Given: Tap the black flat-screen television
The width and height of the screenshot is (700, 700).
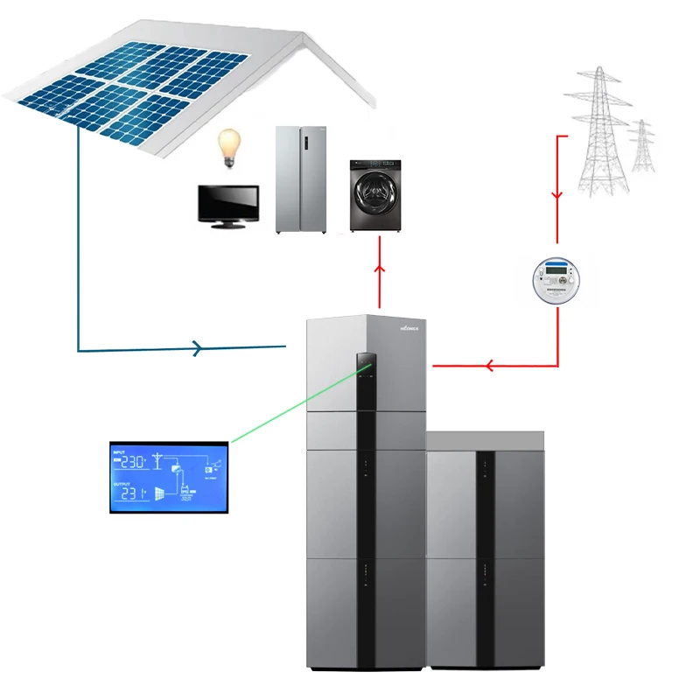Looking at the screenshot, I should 227,205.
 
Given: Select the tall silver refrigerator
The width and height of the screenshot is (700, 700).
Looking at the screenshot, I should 300,179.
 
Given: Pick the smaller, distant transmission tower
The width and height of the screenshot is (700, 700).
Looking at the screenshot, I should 642,146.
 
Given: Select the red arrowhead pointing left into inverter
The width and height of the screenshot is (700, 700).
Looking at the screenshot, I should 490,365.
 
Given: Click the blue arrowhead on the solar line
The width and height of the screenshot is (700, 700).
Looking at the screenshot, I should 198,349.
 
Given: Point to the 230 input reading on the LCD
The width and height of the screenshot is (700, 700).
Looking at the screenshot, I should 133,461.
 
